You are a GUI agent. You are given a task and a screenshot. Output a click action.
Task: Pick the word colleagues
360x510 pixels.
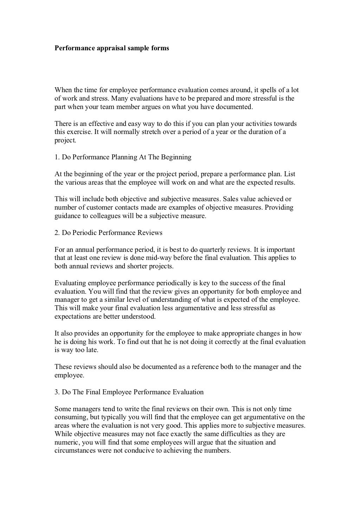[104, 216]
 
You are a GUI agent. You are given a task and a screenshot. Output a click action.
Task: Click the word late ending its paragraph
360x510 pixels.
[92, 350]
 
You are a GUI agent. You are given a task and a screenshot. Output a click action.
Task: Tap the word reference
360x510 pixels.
[205, 367]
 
